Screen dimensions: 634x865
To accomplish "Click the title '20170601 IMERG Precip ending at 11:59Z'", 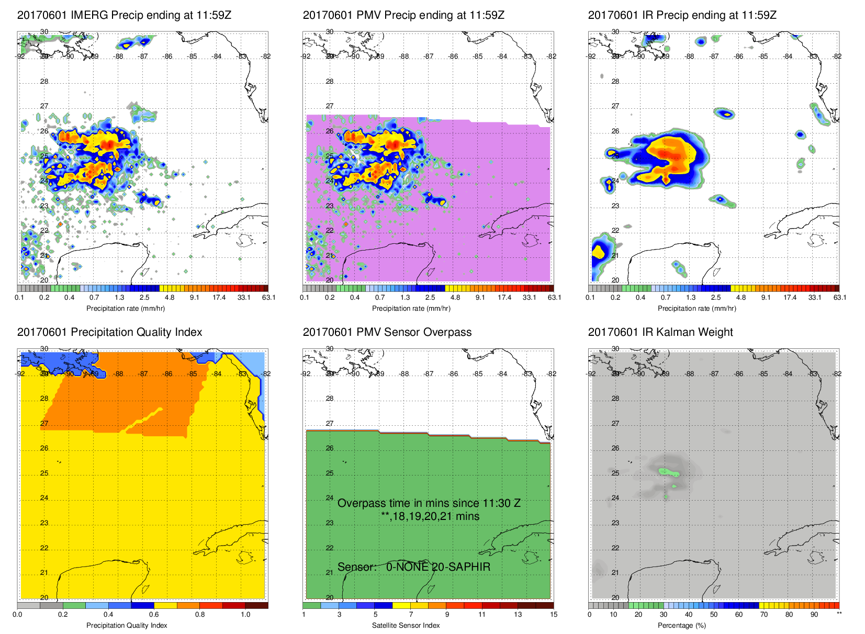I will (124, 15).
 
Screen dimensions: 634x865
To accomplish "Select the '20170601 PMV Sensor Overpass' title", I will (387, 332).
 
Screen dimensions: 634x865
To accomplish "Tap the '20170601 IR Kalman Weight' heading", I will (660, 332).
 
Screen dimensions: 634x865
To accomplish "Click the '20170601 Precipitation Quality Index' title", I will (109, 332).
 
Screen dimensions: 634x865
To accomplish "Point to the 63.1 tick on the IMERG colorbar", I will (268, 298).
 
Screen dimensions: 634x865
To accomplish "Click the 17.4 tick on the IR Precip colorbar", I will (790, 298).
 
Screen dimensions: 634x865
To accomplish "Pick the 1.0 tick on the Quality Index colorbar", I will (245, 615).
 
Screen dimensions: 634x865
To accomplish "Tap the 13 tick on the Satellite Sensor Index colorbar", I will (518, 615).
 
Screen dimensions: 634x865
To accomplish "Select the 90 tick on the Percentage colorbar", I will (814, 615).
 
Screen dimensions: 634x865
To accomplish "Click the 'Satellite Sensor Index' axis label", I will (406, 626).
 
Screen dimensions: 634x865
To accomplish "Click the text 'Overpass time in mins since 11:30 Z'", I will (429, 503).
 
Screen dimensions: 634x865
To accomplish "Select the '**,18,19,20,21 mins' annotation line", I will (430, 516).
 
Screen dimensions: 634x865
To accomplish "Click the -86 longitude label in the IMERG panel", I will (167, 56).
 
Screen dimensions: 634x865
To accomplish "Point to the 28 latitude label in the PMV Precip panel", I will (329, 82).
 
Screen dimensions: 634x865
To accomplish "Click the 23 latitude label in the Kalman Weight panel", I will (615, 523).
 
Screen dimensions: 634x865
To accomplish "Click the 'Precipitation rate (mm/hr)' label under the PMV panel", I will (411, 309).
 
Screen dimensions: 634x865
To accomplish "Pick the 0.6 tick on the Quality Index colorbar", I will (154, 615).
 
